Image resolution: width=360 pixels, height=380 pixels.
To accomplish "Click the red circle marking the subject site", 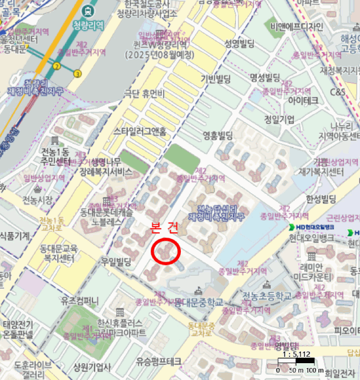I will [x=166, y=251].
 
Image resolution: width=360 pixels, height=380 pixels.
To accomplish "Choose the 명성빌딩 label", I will [x=264, y=77].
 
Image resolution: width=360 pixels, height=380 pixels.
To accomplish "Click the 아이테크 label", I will [x=303, y=101].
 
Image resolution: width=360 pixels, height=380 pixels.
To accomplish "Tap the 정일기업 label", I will [x=279, y=119].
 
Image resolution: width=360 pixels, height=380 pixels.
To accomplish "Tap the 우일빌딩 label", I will [x=116, y=262].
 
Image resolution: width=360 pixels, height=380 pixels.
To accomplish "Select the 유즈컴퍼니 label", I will [x=80, y=300].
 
